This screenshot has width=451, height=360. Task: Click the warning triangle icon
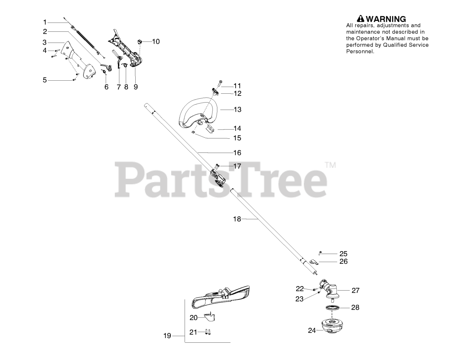tap(361, 19)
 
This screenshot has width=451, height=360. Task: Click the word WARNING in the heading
tap(386, 19)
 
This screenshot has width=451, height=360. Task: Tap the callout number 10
tap(156, 42)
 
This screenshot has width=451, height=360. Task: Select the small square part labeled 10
tap(140, 42)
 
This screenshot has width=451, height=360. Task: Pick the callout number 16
tap(237, 153)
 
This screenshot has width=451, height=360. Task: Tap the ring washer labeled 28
tap(332, 308)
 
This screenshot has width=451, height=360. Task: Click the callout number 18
tap(237, 219)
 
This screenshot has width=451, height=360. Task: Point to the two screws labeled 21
tap(208, 332)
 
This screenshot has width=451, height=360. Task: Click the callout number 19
tap(167, 336)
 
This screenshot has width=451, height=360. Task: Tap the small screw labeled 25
tap(320, 253)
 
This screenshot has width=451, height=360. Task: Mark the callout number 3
tap(44, 42)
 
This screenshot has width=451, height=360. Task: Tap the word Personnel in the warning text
tap(360, 51)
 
